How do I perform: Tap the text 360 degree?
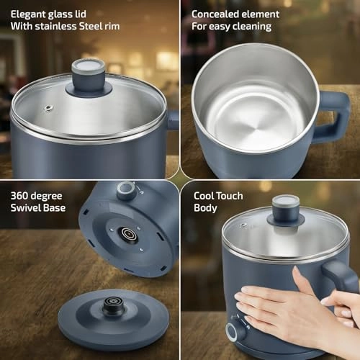37,195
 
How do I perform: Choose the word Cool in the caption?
204,196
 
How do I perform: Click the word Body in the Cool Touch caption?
206,209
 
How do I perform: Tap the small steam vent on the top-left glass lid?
48,108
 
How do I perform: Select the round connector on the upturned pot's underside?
129,234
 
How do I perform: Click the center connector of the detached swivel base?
112,306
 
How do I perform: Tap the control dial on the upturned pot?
127,190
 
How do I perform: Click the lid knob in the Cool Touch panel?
285,208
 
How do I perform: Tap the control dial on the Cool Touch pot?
235,332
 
